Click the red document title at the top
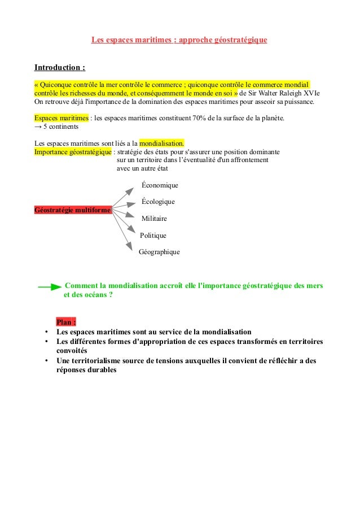point(179,41)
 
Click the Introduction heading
point(60,68)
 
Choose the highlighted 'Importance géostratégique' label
point(73,152)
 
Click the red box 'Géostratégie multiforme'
point(73,210)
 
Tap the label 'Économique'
point(160,185)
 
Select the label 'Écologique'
point(158,202)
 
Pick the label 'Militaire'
point(154,219)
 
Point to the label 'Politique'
point(153,236)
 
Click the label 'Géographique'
point(159,252)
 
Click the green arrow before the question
point(50,287)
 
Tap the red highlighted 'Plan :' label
point(66,322)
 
